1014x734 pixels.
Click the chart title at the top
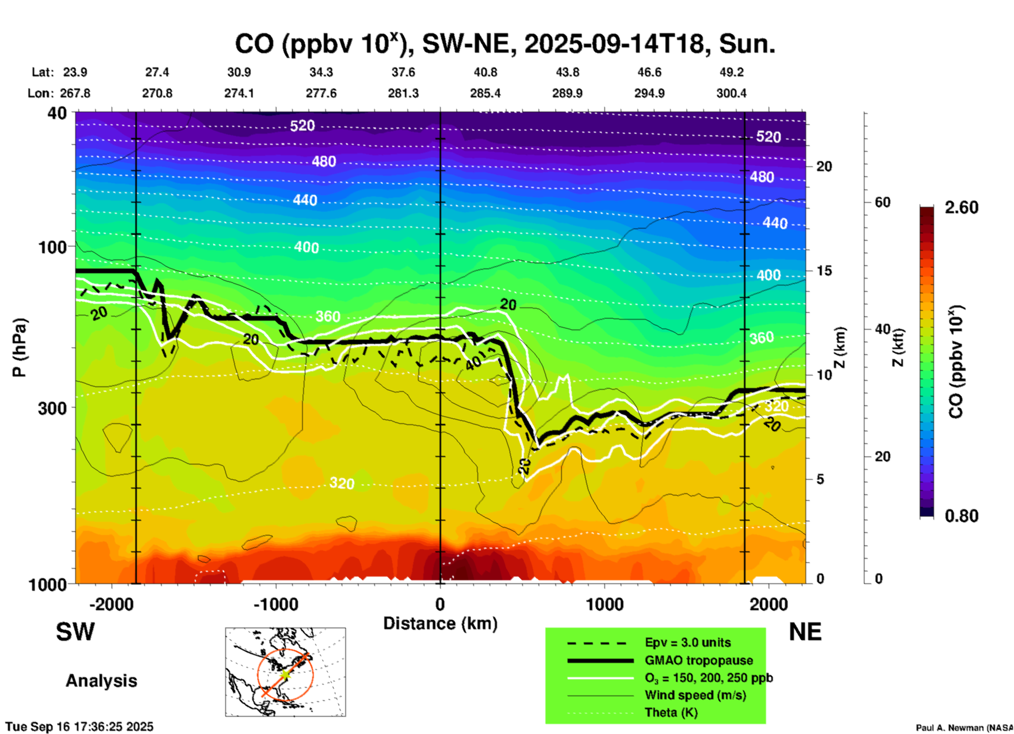(504, 44)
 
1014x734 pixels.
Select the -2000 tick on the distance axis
(112, 604)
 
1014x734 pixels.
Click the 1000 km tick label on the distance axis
(604, 604)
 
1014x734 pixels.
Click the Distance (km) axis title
(440, 623)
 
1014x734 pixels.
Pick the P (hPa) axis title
(19, 348)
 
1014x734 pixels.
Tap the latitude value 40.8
(485, 72)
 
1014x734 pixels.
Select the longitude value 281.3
(403, 93)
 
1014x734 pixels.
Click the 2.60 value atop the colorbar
(961, 207)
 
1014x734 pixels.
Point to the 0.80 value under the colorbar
(961, 515)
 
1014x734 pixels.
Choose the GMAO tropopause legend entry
(699, 660)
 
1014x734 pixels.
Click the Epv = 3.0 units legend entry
(688, 642)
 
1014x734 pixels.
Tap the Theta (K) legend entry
(671, 712)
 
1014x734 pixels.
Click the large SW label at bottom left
(75, 632)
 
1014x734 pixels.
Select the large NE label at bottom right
(804, 632)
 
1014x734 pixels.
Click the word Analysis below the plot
(101, 680)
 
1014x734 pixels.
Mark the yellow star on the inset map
(285, 674)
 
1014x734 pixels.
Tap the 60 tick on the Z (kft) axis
(882, 202)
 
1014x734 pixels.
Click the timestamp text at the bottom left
(79, 727)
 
